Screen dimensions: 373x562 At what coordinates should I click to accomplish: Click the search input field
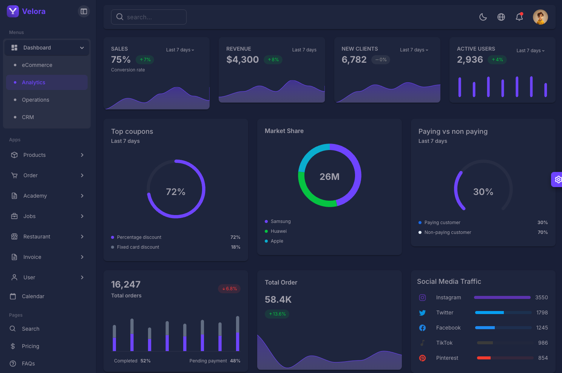tap(149, 17)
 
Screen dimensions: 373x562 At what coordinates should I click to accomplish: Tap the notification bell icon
tap(519, 17)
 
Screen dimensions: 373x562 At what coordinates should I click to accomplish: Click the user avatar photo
tap(540, 17)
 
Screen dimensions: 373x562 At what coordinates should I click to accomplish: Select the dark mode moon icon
tap(483, 17)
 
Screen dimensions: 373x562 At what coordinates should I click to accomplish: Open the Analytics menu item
tap(34, 82)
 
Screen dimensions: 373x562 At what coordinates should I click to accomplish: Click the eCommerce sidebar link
tap(37, 65)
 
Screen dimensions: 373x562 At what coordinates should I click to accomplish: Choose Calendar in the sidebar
tap(33, 296)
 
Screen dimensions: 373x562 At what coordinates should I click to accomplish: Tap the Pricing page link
tap(30, 346)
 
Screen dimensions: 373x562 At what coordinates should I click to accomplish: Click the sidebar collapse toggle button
tap(84, 11)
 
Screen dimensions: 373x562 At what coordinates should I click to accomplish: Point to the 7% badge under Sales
tap(145, 60)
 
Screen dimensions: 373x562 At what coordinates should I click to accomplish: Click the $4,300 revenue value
tap(242, 60)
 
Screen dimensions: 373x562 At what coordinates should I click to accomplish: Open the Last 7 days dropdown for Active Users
tap(530, 51)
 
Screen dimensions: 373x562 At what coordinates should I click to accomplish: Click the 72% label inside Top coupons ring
tap(176, 192)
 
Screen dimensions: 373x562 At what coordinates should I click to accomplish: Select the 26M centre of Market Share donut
tap(329, 177)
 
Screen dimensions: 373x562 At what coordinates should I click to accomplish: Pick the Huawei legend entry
tap(278, 231)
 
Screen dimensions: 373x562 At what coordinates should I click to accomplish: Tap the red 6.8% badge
tap(229, 289)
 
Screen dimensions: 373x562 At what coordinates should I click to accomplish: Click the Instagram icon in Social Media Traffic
tap(422, 298)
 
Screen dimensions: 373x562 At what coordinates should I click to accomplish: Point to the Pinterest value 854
tap(543, 358)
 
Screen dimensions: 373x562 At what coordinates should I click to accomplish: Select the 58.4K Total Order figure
tap(278, 300)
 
